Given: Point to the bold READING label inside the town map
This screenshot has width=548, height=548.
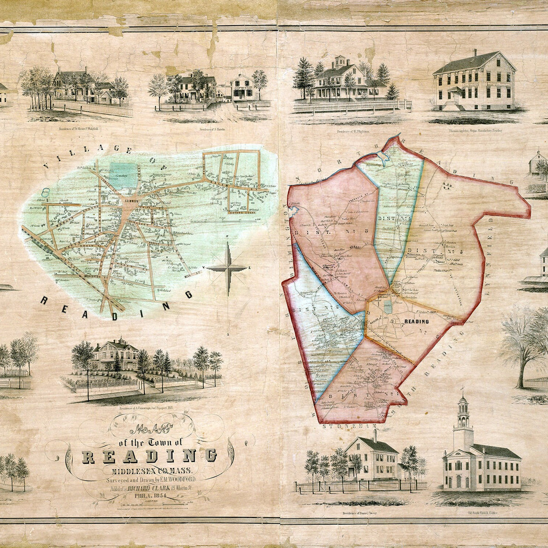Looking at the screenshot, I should point(416,321).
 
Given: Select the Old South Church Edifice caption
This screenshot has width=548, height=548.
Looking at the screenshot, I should point(482,513).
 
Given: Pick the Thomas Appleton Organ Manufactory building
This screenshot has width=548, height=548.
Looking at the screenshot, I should point(475,82).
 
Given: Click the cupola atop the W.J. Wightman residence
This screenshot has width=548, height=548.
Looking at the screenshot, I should point(339,62).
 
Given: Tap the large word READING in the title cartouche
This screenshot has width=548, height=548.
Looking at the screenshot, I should point(148,456).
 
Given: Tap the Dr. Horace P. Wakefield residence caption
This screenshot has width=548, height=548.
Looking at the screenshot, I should point(78,129).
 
